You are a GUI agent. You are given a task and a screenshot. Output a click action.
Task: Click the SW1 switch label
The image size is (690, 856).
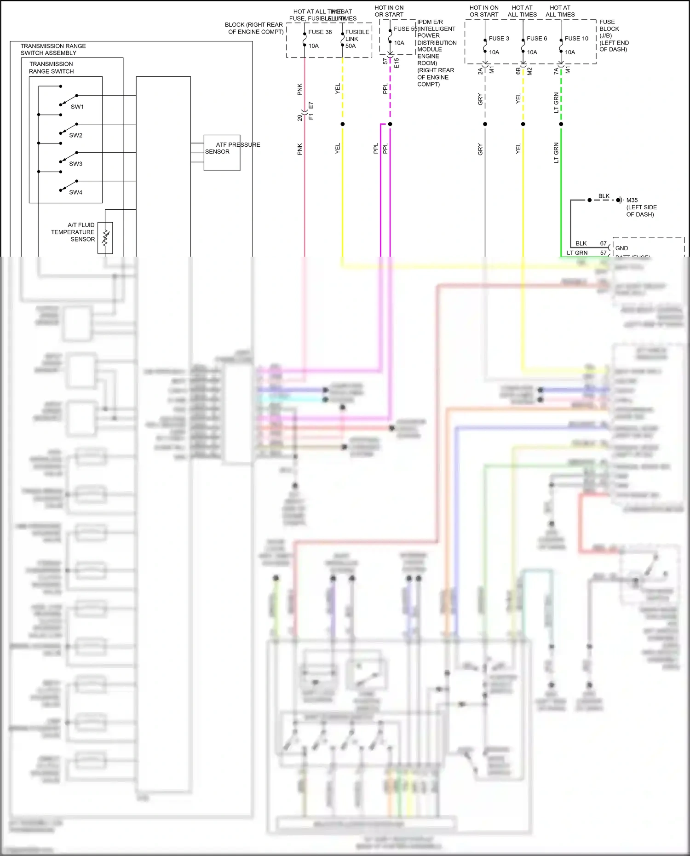(x=77, y=107)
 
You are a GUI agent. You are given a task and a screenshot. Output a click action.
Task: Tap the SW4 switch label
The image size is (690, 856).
(x=76, y=192)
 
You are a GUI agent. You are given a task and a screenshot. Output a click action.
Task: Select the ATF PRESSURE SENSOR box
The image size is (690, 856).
(x=222, y=153)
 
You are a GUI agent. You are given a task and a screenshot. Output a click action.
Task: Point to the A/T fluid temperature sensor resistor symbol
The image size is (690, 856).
(x=105, y=238)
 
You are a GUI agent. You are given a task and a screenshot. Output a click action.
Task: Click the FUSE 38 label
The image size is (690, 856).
(x=320, y=32)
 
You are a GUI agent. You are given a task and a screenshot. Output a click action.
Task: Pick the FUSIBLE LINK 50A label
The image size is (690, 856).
(x=357, y=39)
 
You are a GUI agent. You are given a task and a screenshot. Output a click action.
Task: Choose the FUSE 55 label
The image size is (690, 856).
(x=405, y=29)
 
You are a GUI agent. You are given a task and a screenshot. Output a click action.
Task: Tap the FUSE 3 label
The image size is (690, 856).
(x=499, y=39)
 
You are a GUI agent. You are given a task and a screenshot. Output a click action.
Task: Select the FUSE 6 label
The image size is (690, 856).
(x=537, y=39)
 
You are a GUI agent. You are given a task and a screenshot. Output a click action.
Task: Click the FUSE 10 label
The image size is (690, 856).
(x=576, y=39)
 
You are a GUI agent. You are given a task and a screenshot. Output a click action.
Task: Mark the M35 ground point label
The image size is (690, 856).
(x=632, y=200)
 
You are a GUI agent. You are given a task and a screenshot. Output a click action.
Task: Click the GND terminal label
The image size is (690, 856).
(x=621, y=248)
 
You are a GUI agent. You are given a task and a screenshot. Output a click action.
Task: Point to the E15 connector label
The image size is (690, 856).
(x=397, y=63)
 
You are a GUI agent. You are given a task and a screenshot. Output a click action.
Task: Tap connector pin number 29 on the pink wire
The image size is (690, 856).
(x=300, y=118)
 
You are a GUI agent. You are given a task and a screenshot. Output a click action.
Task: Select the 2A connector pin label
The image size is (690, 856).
(x=480, y=71)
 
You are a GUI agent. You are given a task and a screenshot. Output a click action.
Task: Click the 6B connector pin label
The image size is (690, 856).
(x=518, y=71)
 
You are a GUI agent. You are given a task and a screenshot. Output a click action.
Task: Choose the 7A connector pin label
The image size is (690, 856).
(x=556, y=71)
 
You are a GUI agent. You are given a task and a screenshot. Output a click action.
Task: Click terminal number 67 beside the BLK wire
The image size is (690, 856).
(x=604, y=243)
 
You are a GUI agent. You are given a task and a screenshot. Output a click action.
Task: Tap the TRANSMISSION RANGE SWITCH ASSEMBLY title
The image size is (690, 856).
(x=53, y=50)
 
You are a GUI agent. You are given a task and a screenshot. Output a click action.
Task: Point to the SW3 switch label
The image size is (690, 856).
(x=76, y=164)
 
